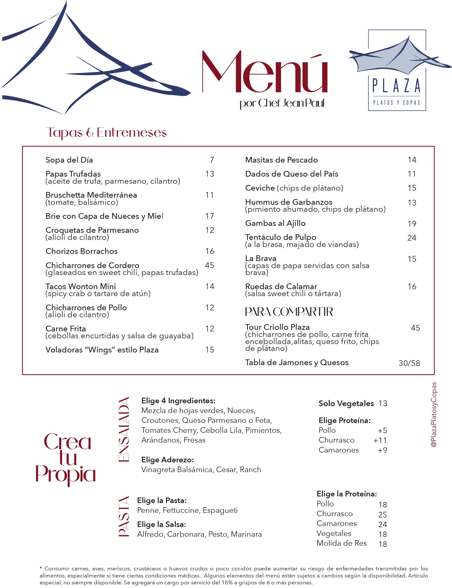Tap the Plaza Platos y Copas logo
coord(397,70)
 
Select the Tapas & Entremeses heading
coord(106,133)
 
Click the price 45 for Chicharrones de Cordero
coord(210,265)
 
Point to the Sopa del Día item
coord(69,160)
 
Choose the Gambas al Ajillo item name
coord(275,223)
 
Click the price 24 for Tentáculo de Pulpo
coord(412,238)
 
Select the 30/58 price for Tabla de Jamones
coord(409,363)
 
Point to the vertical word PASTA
coord(124,516)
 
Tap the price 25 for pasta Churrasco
coord(382,514)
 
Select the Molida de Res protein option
coord(341,543)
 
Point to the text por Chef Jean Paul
coord(282,103)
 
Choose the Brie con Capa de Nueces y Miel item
coord(104,216)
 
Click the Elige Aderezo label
coord(167,460)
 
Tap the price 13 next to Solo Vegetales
coord(383,403)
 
